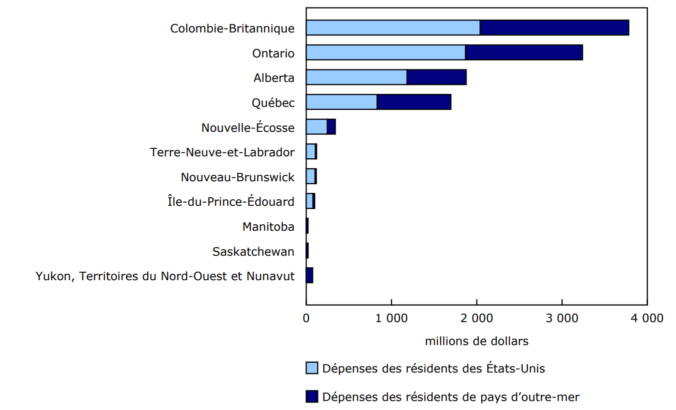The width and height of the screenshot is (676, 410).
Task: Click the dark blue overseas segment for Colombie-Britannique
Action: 554,28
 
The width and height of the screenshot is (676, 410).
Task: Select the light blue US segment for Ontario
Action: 385,52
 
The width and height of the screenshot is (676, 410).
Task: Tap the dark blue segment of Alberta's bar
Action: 436,77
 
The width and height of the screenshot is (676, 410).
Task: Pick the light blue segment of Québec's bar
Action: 341,102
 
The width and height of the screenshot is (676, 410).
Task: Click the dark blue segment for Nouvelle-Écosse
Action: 331,127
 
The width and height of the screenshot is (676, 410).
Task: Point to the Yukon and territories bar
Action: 309,275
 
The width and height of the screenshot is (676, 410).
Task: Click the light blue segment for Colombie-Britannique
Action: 393,28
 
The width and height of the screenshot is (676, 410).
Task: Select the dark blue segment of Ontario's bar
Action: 523,52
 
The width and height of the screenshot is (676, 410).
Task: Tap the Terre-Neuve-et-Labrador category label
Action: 222,152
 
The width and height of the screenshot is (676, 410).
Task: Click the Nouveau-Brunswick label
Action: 237,177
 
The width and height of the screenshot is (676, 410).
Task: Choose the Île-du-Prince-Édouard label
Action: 231,202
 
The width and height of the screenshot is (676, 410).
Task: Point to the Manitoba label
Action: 268,227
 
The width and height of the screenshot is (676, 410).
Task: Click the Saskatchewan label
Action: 253,252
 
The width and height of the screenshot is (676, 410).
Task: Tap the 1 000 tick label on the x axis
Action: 391,318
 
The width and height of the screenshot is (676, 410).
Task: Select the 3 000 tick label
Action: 562,318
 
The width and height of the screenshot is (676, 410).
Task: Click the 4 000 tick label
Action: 647,318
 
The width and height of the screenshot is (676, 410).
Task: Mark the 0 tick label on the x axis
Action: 306,318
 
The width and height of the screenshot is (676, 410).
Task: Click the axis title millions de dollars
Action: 476,342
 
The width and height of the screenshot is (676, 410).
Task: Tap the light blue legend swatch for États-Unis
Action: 312,369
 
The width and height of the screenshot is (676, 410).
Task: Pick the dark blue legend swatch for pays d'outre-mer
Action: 312,397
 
